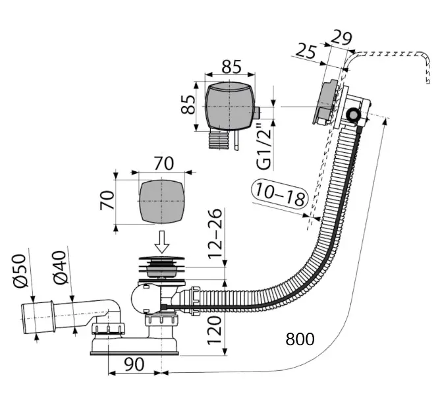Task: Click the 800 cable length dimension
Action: (x=300, y=339)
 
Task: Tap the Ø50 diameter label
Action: (x=20, y=271)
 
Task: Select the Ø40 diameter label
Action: (x=59, y=267)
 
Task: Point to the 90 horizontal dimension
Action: (x=134, y=364)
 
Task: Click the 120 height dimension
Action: (x=215, y=330)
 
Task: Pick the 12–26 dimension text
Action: (x=215, y=234)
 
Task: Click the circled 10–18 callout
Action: (x=280, y=194)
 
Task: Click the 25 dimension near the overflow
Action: (x=306, y=51)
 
